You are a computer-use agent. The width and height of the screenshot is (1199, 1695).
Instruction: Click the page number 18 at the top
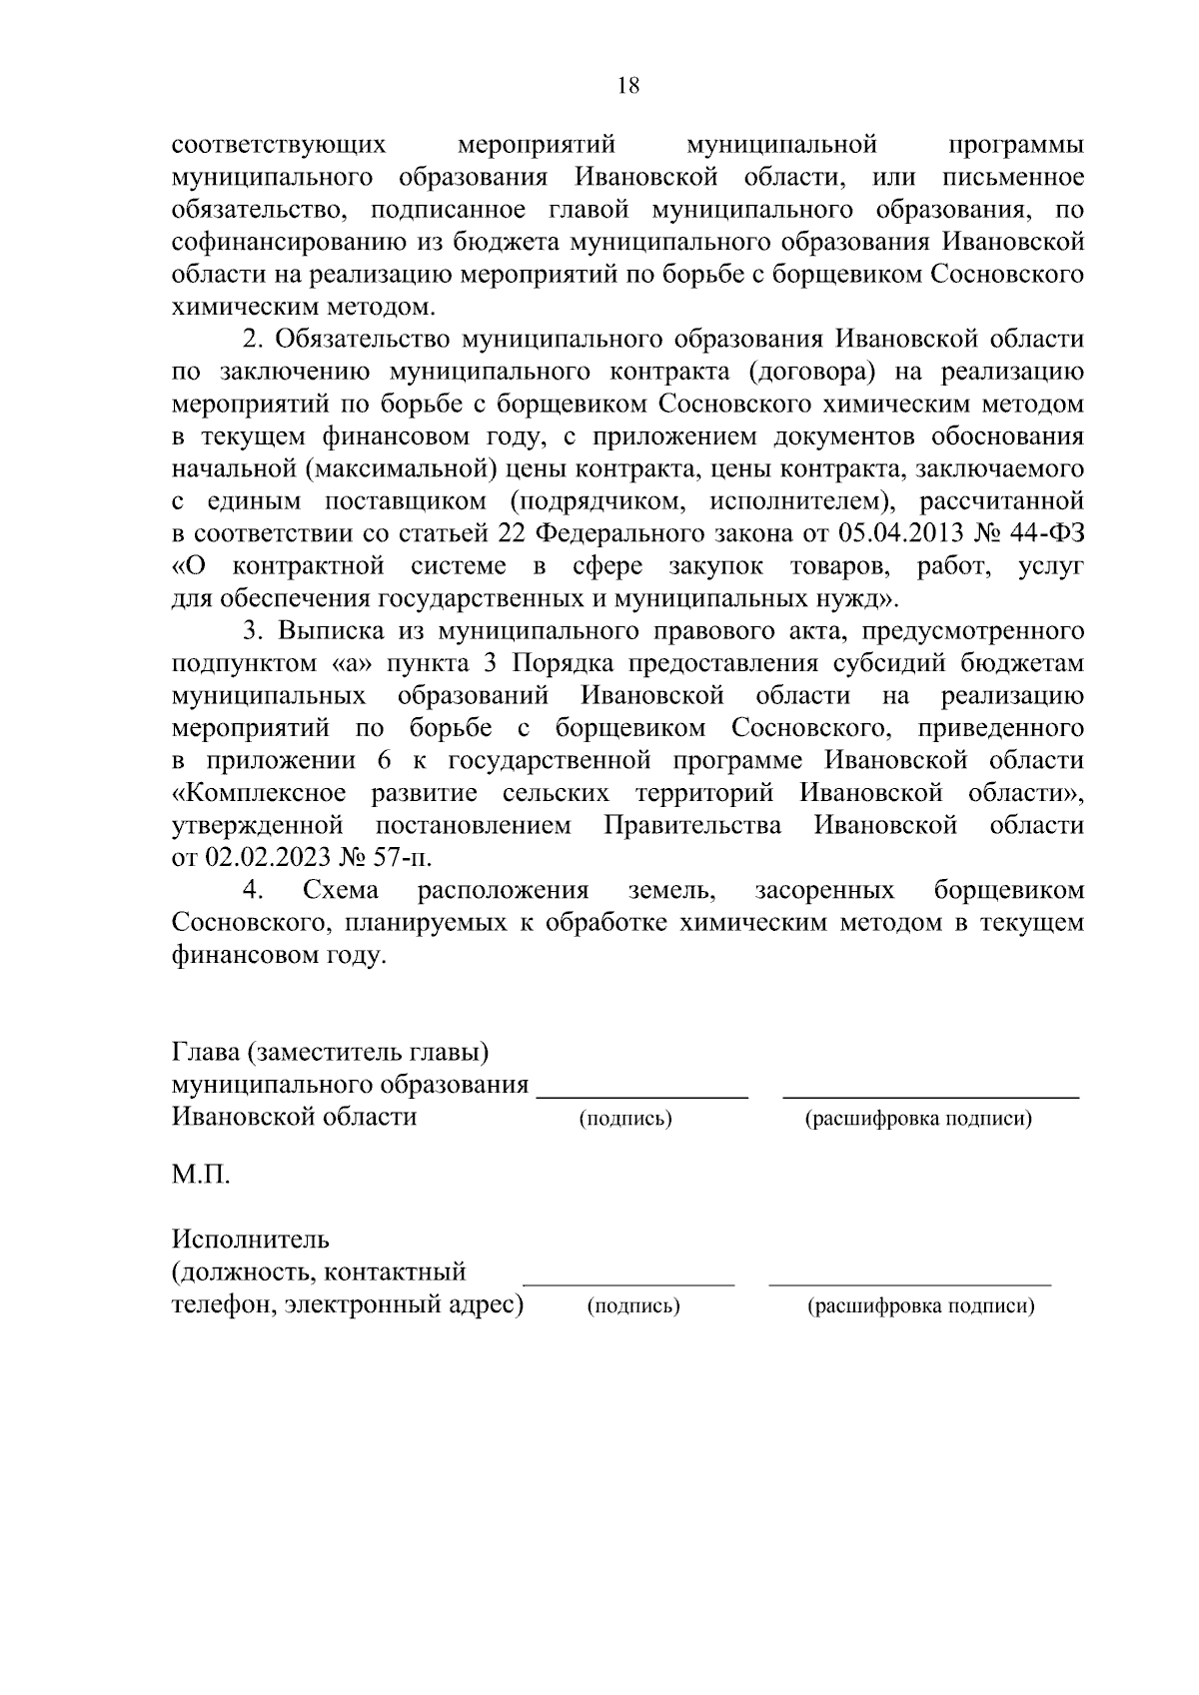pos(628,85)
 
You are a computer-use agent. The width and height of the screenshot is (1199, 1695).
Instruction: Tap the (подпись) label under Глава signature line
pos(625,1119)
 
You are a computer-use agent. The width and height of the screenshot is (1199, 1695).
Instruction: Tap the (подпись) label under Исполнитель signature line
pos(633,1305)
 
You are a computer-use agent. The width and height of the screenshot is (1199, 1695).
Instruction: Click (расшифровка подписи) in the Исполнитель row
pos(920,1305)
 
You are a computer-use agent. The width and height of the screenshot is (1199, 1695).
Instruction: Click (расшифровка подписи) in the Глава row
pos(918,1119)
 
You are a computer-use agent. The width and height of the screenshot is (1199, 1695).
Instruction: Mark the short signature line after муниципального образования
pos(642,1098)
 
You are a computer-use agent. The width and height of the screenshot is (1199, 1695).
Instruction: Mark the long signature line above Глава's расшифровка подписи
pos(930,1098)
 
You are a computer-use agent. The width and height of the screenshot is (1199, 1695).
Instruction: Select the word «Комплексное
pos(260,793)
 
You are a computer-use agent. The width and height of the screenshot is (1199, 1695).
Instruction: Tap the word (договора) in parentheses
pos(810,372)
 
